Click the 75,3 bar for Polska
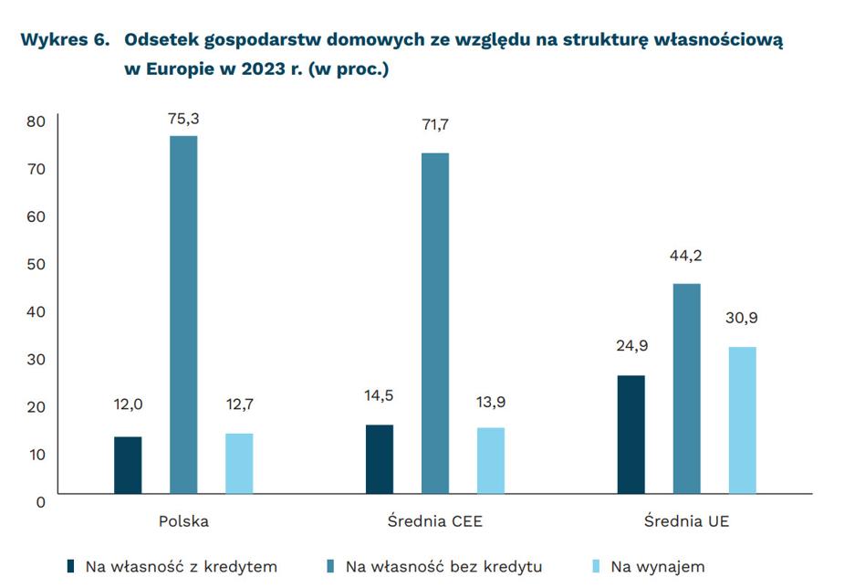tap(183, 314)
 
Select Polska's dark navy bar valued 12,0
tap(128, 465)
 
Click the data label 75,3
tap(183, 118)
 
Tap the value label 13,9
tap(491, 403)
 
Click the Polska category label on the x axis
tap(183, 521)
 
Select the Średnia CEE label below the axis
tap(434, 521)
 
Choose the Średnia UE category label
tap(686, 521)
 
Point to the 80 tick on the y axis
tap(36, 122)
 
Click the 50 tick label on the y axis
tap(36, 265)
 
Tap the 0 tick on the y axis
tap(41, 501)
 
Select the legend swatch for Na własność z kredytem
tap(71, 566)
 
